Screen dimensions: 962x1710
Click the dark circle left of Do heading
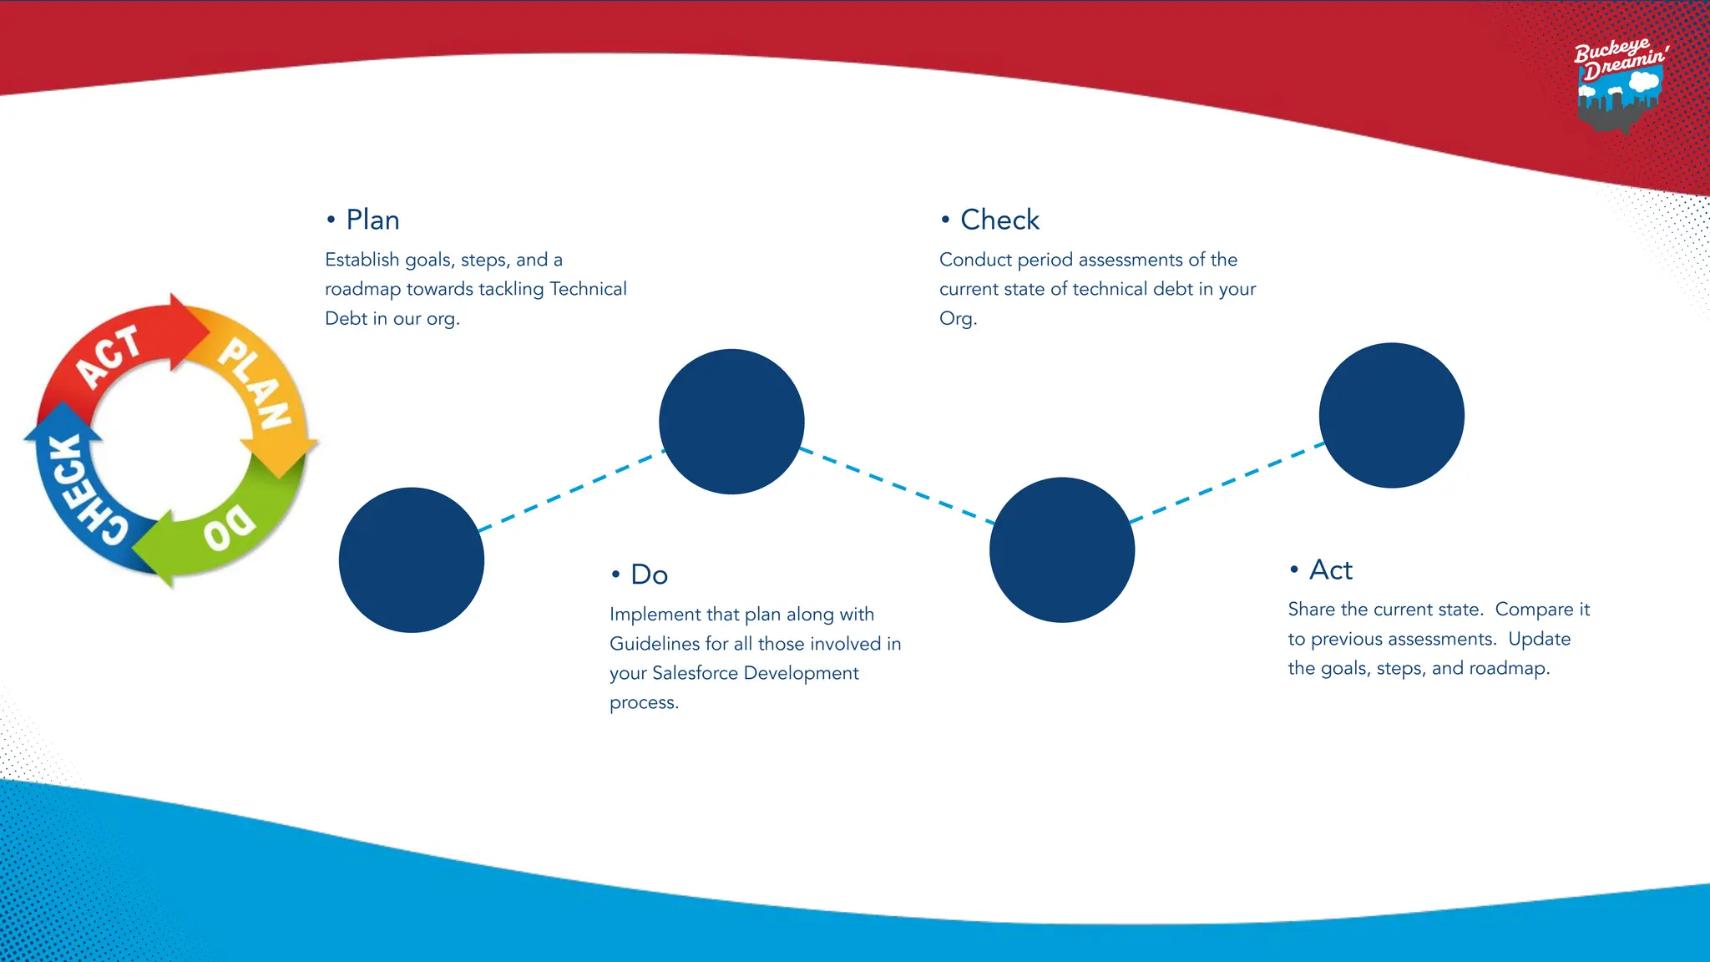pyautogui.click(x=412, y=559)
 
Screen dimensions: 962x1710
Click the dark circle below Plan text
pyautogui.click(x=731, y=422)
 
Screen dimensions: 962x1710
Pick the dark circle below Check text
pyautogui.click(x=1062, y=549)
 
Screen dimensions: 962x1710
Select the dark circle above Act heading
pyautogui.click(x=1391, y=415)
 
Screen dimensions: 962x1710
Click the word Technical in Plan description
pyautogui.click(x=588, y=289)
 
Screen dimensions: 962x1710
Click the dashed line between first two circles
pyautogui.click(x=572, y=490)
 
